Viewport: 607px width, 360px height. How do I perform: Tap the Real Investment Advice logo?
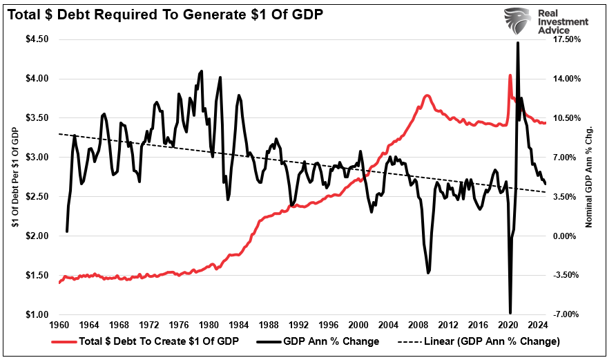545,21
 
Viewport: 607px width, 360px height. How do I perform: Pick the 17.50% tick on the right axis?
568,39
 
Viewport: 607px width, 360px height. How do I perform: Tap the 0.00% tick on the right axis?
567,236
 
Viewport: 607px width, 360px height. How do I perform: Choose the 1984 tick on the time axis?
239,325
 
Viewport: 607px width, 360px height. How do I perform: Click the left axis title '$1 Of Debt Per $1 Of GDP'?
13,176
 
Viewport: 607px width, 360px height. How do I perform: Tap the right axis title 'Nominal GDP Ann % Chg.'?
590,176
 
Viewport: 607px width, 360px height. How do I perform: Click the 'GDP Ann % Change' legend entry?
322,341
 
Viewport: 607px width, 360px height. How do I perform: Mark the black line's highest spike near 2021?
518,43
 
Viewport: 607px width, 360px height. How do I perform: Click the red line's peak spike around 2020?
510,75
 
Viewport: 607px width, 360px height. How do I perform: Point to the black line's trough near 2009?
428,273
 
